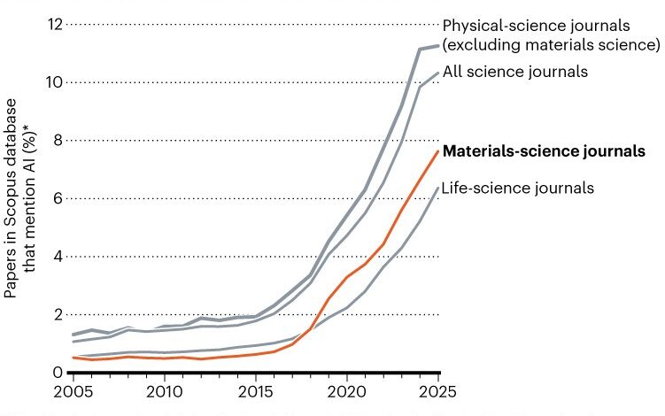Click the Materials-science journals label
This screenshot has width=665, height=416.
(x=544, y=151)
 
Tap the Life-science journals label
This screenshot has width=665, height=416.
(x=517, y=188)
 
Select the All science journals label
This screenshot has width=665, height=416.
(x=515, y=72)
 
